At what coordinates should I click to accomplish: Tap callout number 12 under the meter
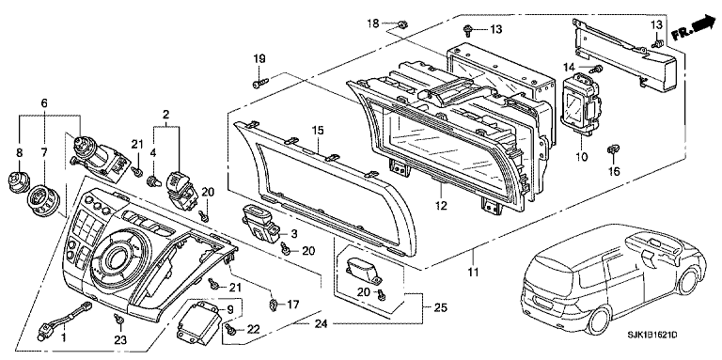441,206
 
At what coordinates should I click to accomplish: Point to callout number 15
318,131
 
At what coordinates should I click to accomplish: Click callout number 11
474,273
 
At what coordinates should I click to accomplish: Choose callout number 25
441,308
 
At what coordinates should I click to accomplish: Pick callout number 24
321,324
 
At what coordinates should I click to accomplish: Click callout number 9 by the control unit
230,309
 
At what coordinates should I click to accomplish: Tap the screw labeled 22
230,329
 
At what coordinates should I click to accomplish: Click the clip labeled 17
274,304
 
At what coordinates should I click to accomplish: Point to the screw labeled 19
259,84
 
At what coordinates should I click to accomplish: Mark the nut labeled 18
401,23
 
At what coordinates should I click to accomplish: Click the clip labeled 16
614,149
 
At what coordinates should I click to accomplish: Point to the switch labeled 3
261,224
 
